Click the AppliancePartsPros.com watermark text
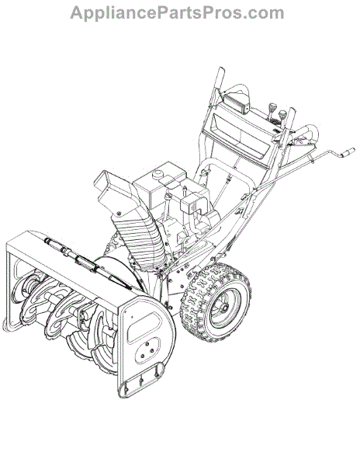(x=177, y=13)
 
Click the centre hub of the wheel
(x=224, y=308)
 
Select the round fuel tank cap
(x=158, y=174)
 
